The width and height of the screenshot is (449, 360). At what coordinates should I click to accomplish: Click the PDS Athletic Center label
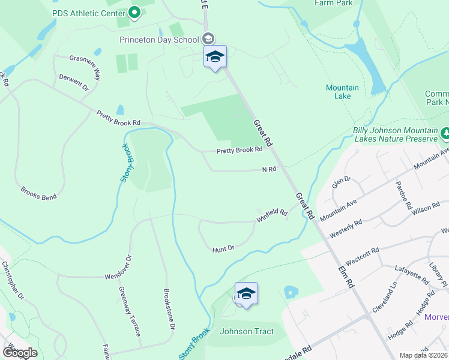[x=88, y=13]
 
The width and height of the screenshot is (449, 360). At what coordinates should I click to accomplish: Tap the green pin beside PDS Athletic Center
[x=134, y=12]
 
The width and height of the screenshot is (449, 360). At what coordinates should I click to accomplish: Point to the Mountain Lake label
[x=342, y=92]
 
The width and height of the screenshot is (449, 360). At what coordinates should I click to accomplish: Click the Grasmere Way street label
[x=85, y=66]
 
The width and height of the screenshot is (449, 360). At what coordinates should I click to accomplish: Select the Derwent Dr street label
[x=74, y=83]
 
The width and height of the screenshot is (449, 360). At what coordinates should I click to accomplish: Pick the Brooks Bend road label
[x=38, y=193]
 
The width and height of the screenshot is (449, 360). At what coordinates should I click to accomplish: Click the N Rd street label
[x=269, y=169]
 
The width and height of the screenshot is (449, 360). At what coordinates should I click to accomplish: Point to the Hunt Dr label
[x=223, y=248]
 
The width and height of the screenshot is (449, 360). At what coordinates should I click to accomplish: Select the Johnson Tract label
[x=247, y=331]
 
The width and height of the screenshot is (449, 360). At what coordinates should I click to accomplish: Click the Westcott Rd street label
[x=362, y=255]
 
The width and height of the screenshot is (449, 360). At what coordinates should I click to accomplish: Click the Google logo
[x=19, y=353]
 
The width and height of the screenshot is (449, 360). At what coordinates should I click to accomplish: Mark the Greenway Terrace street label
[x=130, y=311]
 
